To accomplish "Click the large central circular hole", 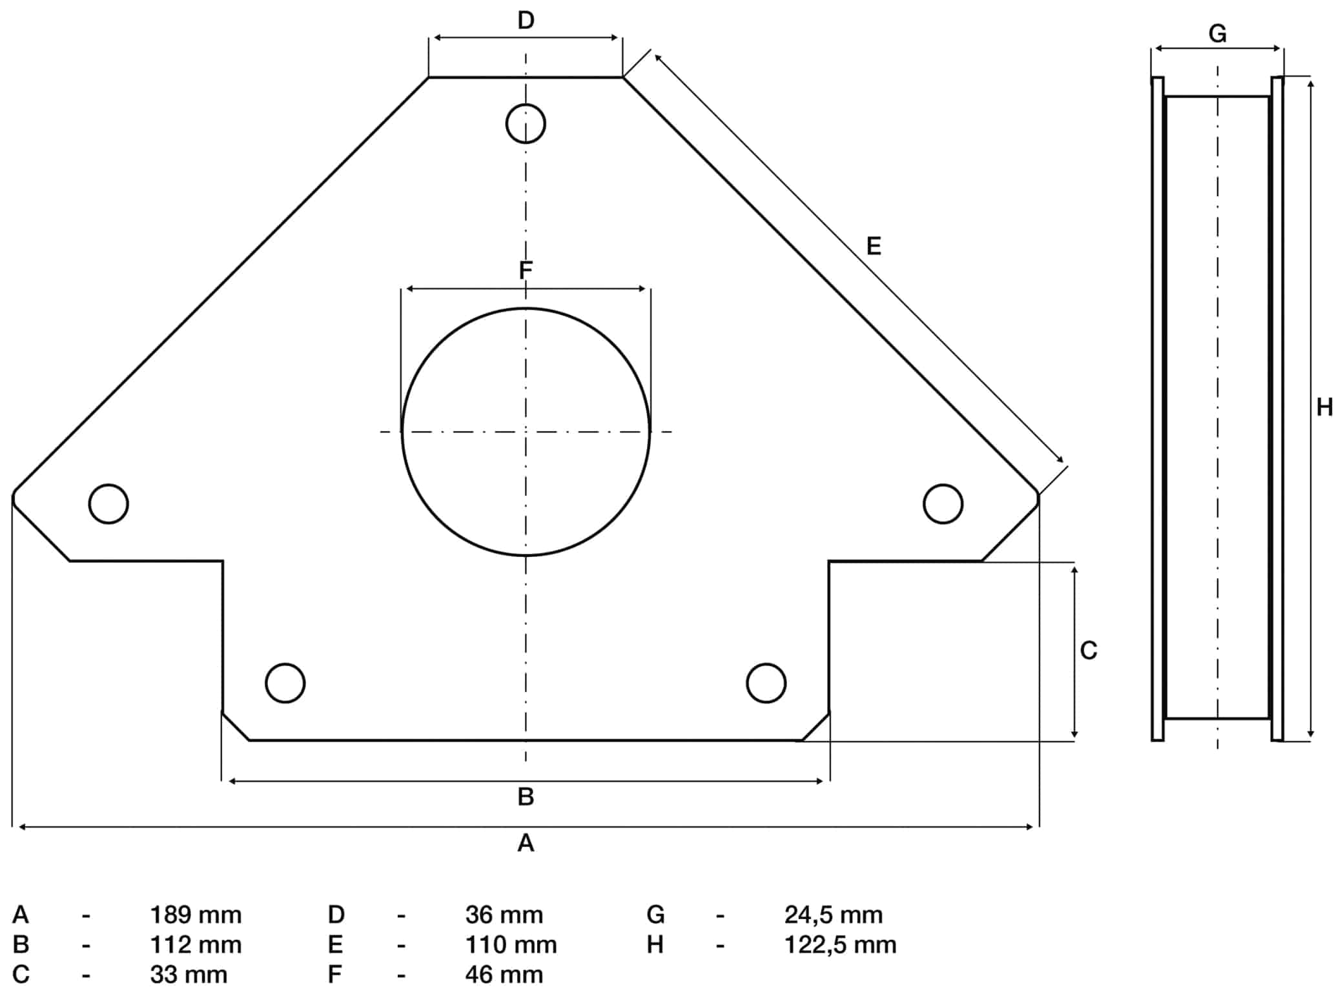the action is (402, 431).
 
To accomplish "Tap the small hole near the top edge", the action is (526, 104).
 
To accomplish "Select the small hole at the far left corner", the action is (108, 484).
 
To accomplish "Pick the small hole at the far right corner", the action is (943, 484).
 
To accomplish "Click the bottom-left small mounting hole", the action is (285, 664).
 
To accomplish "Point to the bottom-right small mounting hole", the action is (766, 664).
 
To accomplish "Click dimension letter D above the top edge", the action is (526, 21).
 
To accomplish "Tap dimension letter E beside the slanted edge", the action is (874, 246).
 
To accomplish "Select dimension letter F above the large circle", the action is (526, 270).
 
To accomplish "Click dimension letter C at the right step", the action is (1089, 650).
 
